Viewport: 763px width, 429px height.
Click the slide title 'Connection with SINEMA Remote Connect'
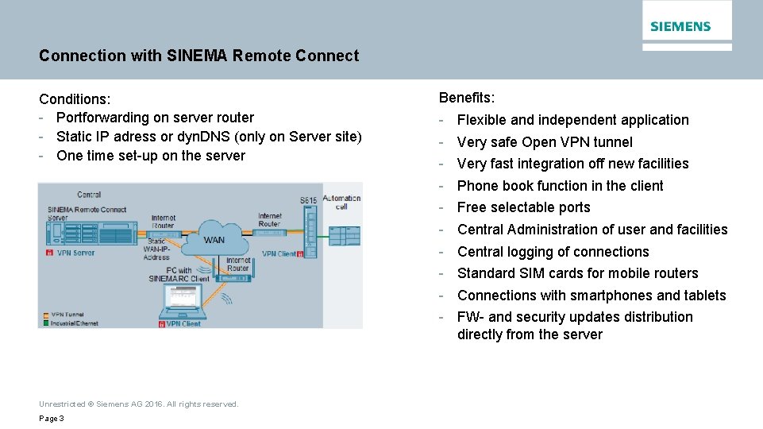click(x=198, y=56)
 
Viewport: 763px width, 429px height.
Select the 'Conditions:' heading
click(x=75, y=99)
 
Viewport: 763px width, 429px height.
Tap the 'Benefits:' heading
click(x=467, y=98)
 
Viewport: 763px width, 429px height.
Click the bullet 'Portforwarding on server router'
click(x=155, y=118)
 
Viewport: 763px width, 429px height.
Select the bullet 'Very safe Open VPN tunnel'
click(x=545, y=142)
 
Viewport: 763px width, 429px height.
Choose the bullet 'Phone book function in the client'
click(x=560, y=186)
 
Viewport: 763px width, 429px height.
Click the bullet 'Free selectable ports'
click(x=523, y=207)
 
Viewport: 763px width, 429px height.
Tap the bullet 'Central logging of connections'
click(x=553, y=252)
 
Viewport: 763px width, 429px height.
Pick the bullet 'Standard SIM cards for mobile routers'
click(x=577, y=273)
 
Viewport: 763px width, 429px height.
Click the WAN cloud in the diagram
click(x=214, y=237)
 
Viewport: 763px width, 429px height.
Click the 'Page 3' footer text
click(x=52, y=419)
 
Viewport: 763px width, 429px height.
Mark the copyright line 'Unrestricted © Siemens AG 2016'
click(x=138, y=404)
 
